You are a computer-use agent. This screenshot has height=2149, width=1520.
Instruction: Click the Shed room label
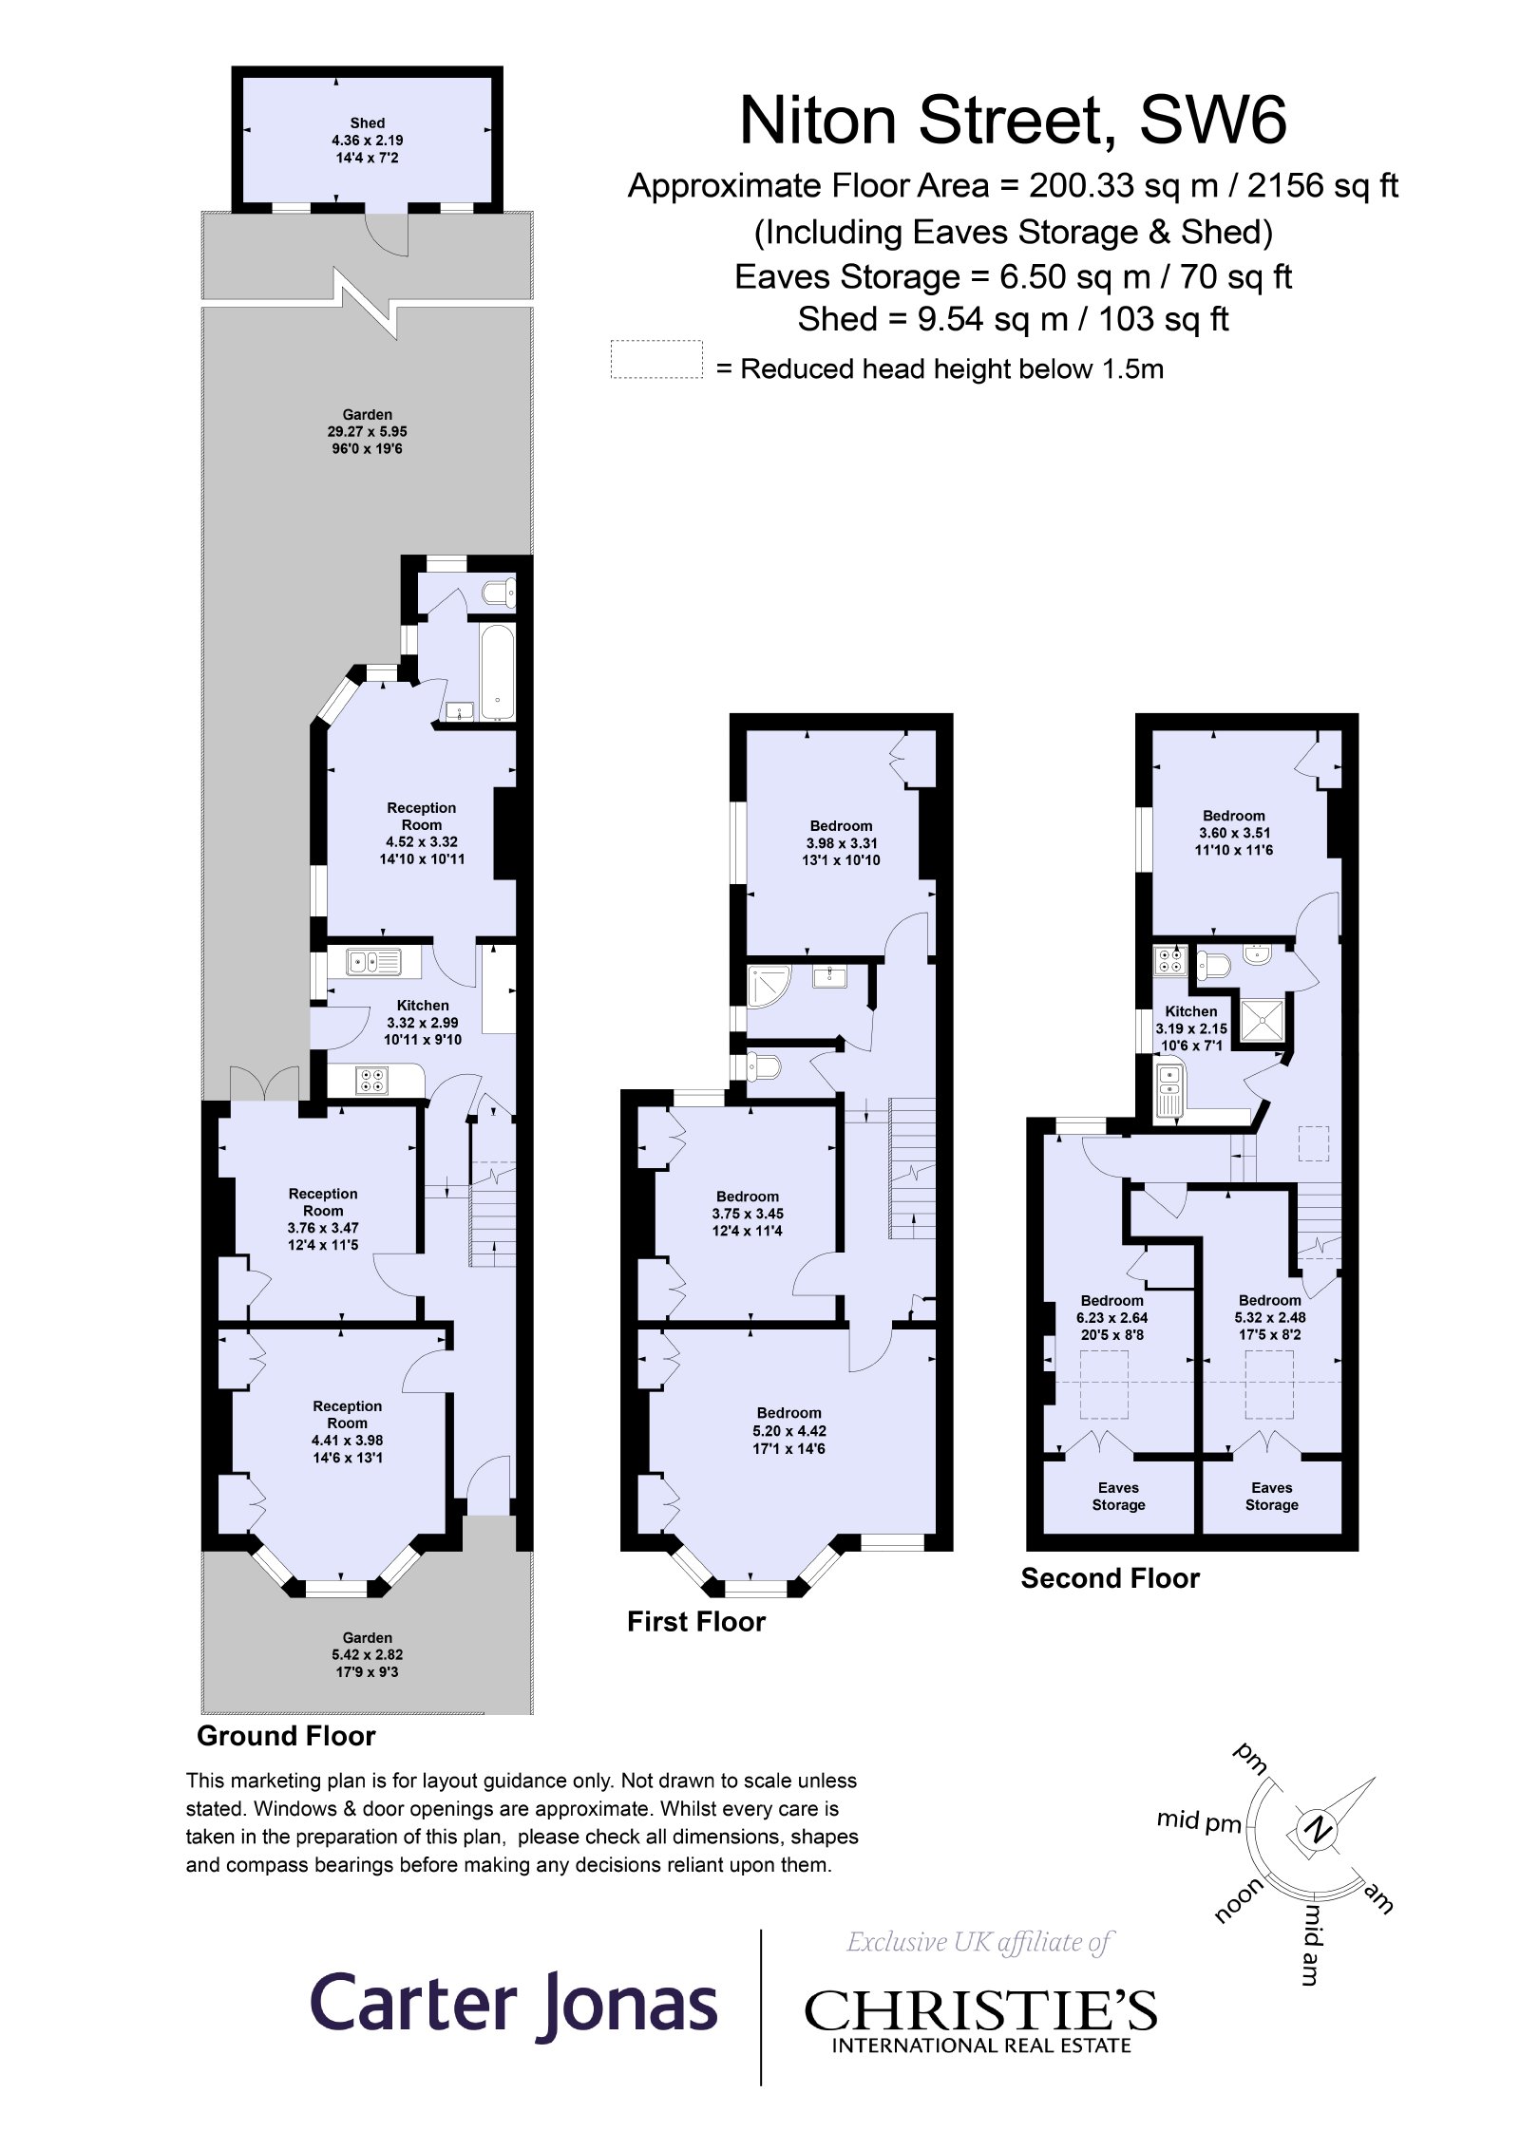tap(367, 123)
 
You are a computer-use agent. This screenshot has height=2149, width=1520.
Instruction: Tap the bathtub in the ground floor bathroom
tap(497, 670)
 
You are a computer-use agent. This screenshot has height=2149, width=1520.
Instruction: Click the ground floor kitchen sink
tap(373, 962)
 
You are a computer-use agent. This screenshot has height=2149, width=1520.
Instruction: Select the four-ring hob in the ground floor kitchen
tap(371, 1080)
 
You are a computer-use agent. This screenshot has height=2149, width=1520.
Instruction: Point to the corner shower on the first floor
tap(768, 986)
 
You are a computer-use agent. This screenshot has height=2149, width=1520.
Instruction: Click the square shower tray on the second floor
tap(1263, 1020)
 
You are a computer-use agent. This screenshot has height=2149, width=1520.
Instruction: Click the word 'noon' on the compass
tap(1238, 1899)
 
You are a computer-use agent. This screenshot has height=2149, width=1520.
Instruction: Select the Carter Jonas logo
tap(513, 2004)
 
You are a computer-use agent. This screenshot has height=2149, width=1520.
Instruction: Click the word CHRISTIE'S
tap(980, 2011)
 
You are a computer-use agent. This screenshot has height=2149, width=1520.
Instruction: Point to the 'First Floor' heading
tap(696, 1621)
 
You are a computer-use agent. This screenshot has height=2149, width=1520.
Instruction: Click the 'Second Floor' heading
tap(1110, 1577)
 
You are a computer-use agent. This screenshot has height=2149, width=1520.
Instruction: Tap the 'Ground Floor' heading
tap(286, 1735)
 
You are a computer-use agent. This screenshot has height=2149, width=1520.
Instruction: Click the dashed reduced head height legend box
tap(656, 359)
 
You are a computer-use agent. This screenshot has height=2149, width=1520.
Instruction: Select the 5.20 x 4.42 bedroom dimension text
tap(788, 1430)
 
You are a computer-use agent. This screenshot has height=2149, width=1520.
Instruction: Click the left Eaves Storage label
tap(1118, 1496)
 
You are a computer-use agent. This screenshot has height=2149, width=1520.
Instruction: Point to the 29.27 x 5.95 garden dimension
tap(367, 431)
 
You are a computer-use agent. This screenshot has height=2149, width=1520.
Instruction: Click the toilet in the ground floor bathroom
tap(498, 594)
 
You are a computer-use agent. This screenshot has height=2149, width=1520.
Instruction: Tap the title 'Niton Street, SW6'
tap(1013, 120)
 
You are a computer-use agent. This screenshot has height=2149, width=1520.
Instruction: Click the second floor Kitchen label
tap(1190, 1011)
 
